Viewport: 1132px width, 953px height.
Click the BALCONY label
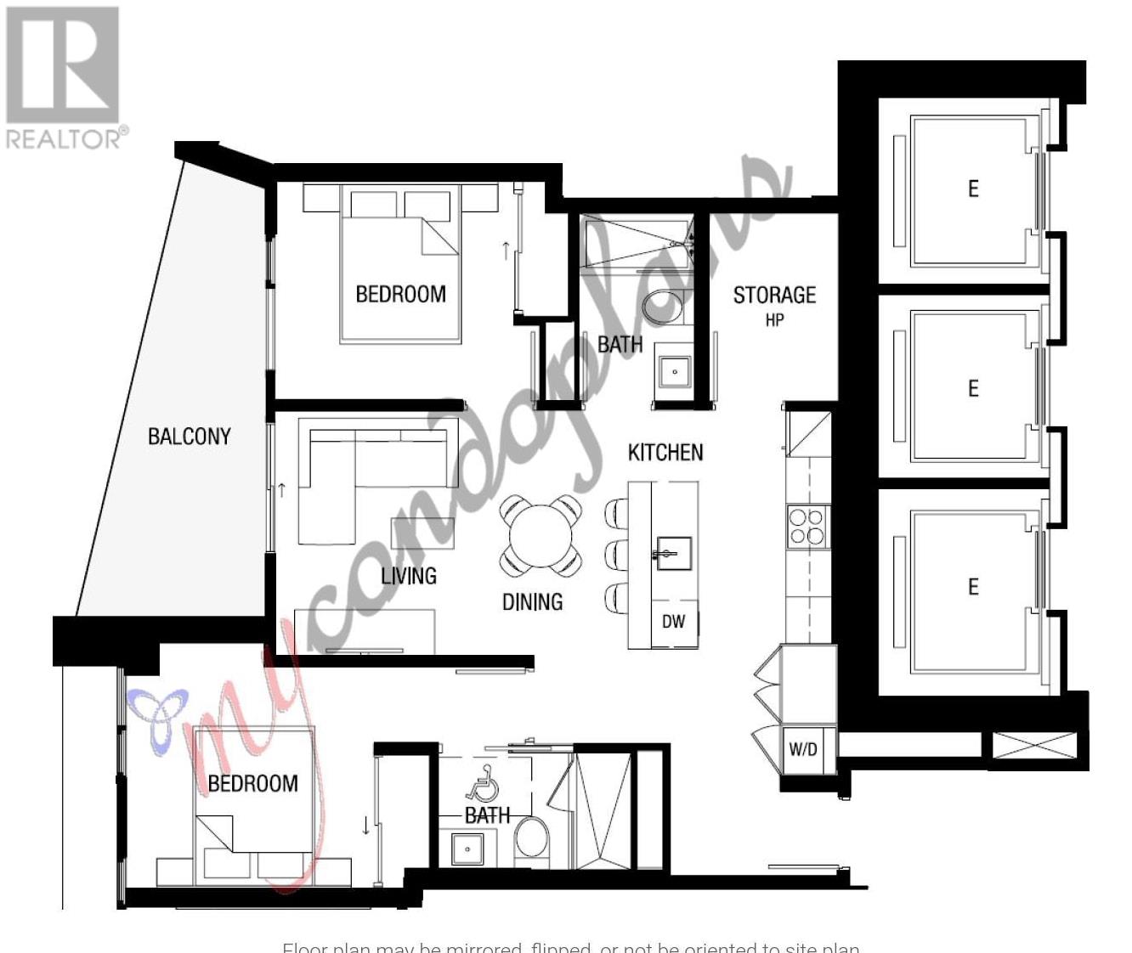[189, 437]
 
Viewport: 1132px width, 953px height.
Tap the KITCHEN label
[665, 453]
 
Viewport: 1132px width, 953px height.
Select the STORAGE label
[774, 296]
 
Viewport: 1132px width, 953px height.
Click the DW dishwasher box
[674, 622]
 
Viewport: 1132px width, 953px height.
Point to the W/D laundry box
[803, 749]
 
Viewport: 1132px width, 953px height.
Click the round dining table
[541, 536]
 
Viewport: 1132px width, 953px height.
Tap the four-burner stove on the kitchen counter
[807, 525]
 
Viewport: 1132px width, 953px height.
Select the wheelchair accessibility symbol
[485, 782]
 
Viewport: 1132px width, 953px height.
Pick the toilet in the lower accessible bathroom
[533, 837]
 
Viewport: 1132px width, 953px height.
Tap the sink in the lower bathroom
[467, 849]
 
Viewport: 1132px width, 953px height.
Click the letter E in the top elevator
[973, 189]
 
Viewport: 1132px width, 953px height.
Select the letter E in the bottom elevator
[973, 587]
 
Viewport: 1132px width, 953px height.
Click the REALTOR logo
[64, 77]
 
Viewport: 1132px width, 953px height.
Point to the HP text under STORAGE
[774, 320]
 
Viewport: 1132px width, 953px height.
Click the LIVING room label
[409, 576]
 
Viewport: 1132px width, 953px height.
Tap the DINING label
[533, 602]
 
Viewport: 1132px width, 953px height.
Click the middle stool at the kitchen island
[616, 555]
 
